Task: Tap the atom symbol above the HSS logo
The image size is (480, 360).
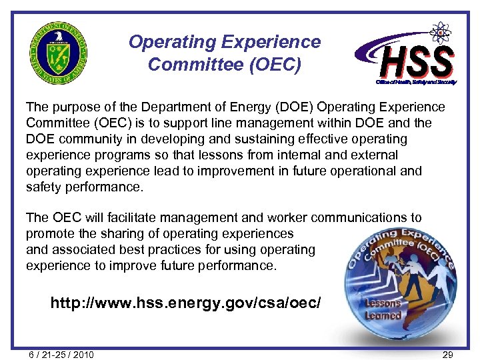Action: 439,32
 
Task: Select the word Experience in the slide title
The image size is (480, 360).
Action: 273,42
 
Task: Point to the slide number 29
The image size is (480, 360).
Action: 448,355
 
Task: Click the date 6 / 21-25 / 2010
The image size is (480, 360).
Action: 61,355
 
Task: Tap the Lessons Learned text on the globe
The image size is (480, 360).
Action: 383,309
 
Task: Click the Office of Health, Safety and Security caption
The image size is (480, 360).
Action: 415,82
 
